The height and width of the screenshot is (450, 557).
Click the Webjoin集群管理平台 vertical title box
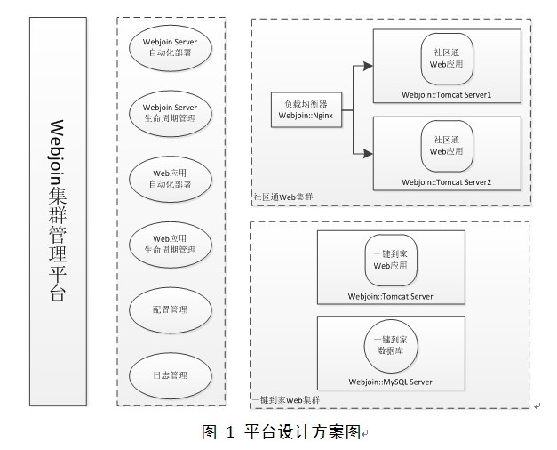[x=58, y=211]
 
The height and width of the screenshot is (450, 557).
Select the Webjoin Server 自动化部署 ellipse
[x=171, y=47]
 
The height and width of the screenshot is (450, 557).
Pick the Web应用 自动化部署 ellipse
[x=171, y=178]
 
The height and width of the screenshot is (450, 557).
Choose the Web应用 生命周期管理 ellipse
[x=171, y=244]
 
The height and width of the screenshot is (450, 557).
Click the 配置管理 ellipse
[x=171, y=309]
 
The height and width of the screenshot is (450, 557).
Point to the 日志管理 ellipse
[x=171, y=374]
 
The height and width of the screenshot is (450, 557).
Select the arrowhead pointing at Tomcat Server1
[x=367, y=65]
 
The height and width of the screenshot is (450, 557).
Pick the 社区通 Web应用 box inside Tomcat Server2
[x=447, y=145]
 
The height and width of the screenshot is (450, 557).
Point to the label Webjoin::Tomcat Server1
[x=447, y=94]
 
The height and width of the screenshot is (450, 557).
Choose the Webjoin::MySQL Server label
[x=391, y=382]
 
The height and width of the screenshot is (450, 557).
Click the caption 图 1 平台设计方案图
[x=282, y=432]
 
